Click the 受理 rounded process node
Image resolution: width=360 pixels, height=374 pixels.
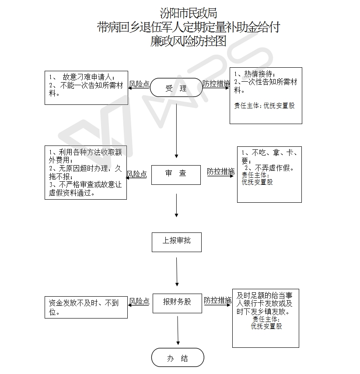point(176,87)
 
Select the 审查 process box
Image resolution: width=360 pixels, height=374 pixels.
point(176,173)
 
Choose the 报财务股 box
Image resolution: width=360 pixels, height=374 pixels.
point(177,302)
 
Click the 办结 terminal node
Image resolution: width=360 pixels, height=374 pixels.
point(178,358)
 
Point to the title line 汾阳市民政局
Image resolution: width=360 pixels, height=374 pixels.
point(188,14)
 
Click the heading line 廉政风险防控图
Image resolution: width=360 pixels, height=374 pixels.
point(188,42)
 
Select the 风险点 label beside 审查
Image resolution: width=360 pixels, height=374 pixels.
point(137,174)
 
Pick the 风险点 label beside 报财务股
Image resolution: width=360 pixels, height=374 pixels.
point(139,301)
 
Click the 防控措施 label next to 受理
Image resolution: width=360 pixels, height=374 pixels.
point(216,83)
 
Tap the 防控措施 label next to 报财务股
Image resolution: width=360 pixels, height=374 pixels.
point(217,300)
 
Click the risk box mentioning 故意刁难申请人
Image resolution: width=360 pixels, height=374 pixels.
point(86,87)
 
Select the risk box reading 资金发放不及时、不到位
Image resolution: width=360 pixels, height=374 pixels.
point(86,307)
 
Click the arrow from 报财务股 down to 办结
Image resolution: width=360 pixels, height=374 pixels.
point(178,331)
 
